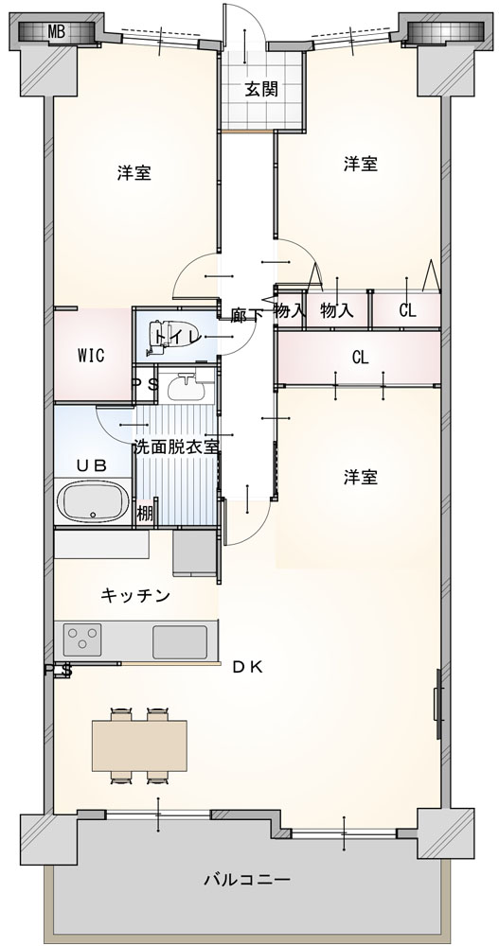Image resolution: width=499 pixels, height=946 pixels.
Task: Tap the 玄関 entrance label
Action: coord(261,90)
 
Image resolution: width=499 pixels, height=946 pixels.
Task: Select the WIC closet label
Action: coord(91,356)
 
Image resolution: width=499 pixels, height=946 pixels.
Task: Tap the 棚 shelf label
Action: coord(144,516)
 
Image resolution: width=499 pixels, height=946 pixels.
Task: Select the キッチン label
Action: coord(135,596)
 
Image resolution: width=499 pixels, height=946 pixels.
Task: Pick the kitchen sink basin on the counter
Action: coord(179,641)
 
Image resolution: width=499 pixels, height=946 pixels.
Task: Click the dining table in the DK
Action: coord(139,745)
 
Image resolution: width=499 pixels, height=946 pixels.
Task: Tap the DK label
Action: coord(248,667)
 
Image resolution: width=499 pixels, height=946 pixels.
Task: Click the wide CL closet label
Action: coord(361,358)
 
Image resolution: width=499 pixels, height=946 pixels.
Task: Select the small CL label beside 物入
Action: coord(408,311)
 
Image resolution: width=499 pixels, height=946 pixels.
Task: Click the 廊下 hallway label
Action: coord(244,314)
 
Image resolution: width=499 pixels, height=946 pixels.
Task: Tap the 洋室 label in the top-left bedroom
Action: coord(134,174)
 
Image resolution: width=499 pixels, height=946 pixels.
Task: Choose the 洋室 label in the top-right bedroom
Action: coord(361,164)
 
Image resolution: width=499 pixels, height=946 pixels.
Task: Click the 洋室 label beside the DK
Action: coord(361,477)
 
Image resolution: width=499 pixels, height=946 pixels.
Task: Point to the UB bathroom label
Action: coord(92,465)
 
